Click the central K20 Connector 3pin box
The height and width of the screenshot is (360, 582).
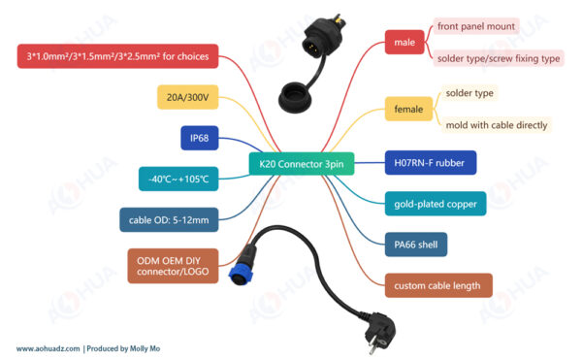click(x=302, y=164)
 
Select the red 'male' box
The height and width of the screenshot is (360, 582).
click(x=404, y=43)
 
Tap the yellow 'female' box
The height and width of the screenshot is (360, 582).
click(x=408, y=109)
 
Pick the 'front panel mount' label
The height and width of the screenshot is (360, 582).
click(x=476, y=26)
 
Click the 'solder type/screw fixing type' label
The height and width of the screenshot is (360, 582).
click(x=499, y=58)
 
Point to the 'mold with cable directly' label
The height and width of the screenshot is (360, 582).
click(x=497, y=125)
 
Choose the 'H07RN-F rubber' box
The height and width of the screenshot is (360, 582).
click(x=431, y=163)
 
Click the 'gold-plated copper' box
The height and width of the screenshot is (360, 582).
click(x=436, y=204)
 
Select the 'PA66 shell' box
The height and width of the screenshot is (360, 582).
click(x=416, y=245)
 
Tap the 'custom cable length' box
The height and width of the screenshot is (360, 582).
click(x=438, y=285)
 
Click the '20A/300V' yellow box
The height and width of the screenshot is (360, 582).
click(x=188, y=97)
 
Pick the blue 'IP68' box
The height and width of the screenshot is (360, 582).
click(x=200, y=138)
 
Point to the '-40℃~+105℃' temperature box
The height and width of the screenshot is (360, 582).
click(x=178, y=179)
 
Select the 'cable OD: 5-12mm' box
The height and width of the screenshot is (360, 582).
click(x=169, y=219)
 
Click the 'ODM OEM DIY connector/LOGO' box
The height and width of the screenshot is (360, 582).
click(x=173, y=266)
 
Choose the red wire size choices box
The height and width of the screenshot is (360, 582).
click(x=117, y=56)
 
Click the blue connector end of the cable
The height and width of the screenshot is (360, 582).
click(x=242, y=273)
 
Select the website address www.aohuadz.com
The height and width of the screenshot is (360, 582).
click(x=48, y=348)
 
